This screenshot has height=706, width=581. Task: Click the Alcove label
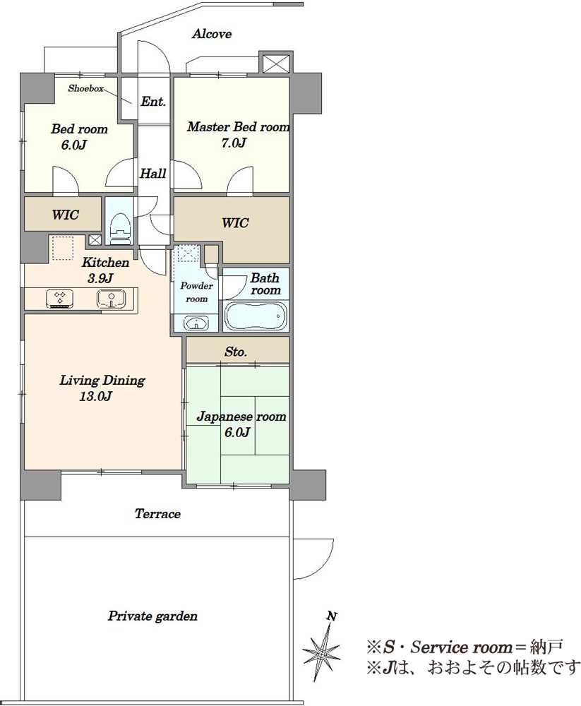tap(212, 34)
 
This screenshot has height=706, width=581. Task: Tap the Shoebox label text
tap(85, 88)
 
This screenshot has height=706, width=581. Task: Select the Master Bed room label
tap(238, 127)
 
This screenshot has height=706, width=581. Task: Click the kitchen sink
tap(111, 299)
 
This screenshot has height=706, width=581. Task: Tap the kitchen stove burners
tap(60, 299)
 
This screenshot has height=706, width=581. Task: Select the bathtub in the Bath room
tap(256, 316)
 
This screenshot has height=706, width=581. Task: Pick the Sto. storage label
tap(236, 352)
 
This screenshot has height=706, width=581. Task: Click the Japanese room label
tap(241, 417)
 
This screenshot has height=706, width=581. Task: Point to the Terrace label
tap(157, 514)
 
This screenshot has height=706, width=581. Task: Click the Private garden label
tap(152, 616)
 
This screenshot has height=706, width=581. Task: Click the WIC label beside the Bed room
tap(66, 215)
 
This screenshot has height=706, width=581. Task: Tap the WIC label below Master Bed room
tap(234, 223)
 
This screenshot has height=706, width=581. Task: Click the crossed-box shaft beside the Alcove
tap(275, 63)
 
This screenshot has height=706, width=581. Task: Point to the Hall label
tap(153, 174)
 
